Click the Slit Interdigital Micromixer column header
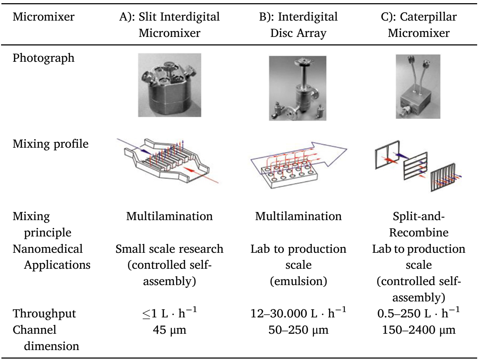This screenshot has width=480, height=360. coord(169,25)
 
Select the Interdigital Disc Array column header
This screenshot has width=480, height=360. coord(298,25)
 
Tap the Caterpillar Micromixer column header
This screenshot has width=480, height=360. coord(419,25)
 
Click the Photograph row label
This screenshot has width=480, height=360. coord(44,58)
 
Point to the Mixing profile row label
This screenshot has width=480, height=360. coord(50,144)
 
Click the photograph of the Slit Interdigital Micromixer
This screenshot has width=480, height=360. coord(169,85)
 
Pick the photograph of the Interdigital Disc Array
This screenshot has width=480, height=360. coord(297,88)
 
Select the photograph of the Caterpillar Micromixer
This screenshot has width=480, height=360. coord(418,87)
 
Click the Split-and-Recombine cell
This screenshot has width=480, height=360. coord(419,224)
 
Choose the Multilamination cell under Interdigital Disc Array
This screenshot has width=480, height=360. coord(298,216)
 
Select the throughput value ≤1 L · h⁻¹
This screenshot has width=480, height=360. coord(169,313)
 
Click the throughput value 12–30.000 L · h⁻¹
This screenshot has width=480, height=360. coord(298,313)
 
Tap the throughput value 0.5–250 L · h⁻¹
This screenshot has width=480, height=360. coord(419,313)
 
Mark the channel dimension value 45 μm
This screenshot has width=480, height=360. coord(169,330)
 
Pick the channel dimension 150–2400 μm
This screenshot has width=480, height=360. coord(419,330)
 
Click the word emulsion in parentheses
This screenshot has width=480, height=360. coord(298,281)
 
